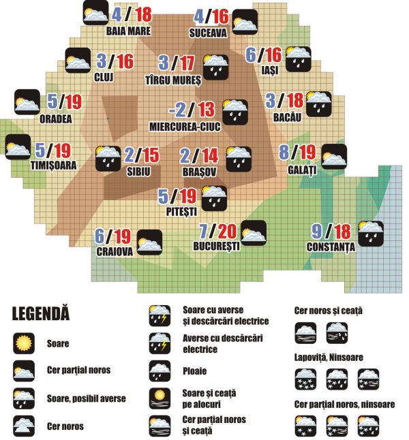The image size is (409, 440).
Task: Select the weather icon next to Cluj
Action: coord(78,60)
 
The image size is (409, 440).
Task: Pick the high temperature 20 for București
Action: coord(229,232)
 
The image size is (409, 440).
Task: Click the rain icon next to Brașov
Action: coord(239,157)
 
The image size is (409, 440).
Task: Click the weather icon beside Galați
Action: coord(333,157)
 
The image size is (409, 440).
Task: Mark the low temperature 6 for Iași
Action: coord(251,54)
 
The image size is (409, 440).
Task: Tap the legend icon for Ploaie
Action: coord(161,371)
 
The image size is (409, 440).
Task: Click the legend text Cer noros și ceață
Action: coord(328,311)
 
